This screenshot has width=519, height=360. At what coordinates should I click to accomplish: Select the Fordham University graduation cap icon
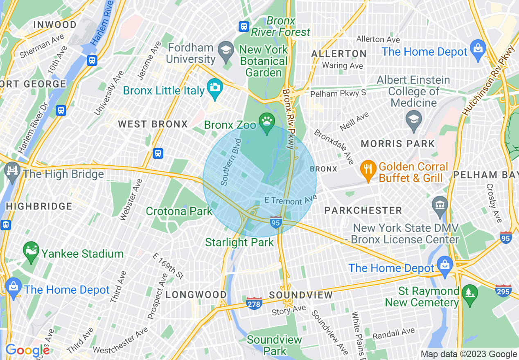[225, 51]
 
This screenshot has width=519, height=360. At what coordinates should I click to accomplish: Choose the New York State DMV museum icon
[440, 204]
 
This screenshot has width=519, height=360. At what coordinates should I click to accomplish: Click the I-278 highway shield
[254, 303]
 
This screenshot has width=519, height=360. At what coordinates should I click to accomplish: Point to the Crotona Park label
[179, 211]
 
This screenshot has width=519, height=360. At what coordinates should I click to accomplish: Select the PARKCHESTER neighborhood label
[363, 210]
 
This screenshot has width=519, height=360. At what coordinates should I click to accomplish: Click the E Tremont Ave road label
[291, 200]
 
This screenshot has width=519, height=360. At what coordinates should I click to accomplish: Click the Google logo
[27, 350]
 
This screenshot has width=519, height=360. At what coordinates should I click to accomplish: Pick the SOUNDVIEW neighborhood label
[301, 295]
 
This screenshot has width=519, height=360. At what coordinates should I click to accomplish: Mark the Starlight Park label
[239, 242]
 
